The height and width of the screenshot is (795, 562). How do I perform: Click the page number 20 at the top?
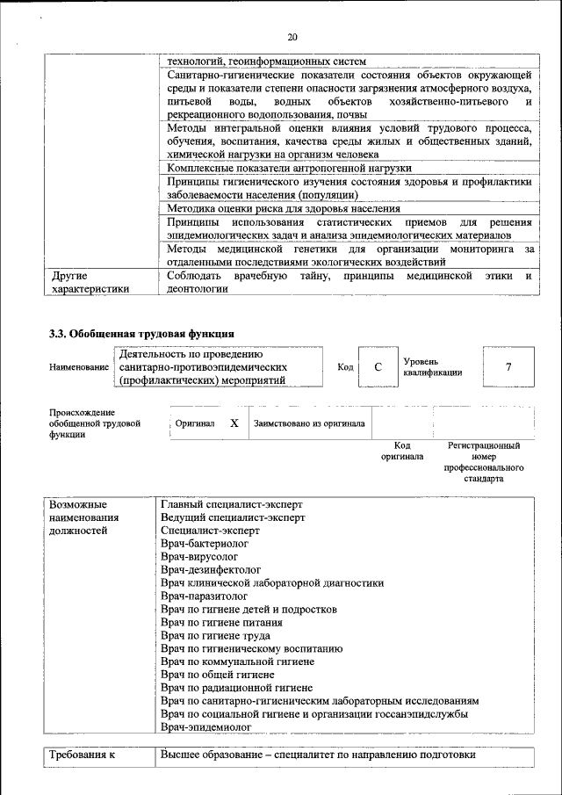click(292, 36)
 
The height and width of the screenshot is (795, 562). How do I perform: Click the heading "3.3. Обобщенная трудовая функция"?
click(140, 333)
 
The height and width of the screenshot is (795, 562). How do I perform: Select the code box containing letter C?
click(377, 367)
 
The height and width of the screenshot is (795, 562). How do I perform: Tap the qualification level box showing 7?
click(508, 367)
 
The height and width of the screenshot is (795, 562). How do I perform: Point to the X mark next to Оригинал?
click(234, 423)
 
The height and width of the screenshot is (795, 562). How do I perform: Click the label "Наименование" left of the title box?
click(79, 367)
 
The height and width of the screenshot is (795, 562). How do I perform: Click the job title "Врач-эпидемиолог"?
click(206, 727)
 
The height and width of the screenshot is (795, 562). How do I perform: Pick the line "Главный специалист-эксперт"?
click(232, 504)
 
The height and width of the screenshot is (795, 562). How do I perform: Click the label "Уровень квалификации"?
click(433, 367)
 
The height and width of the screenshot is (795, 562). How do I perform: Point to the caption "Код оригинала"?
click(402, 452)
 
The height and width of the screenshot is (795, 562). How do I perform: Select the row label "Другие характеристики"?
click(90, 282)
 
